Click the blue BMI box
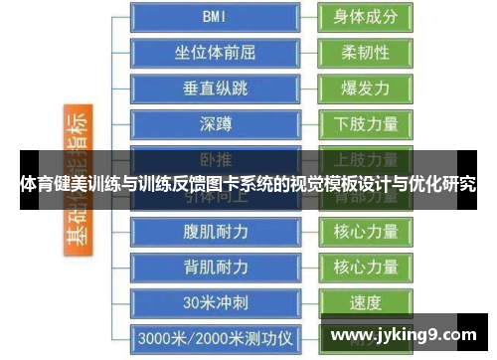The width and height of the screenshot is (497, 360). pos(214,16)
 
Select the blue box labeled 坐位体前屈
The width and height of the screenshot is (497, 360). pos(214,52)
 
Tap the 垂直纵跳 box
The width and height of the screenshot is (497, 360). pos(214,88)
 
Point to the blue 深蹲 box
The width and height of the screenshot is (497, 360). pos(214,123)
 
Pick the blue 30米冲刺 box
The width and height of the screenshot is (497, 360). pos(214,302)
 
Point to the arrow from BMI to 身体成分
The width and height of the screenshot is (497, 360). pos(306,17)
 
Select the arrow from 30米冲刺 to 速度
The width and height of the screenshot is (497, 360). pos(306,302)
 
